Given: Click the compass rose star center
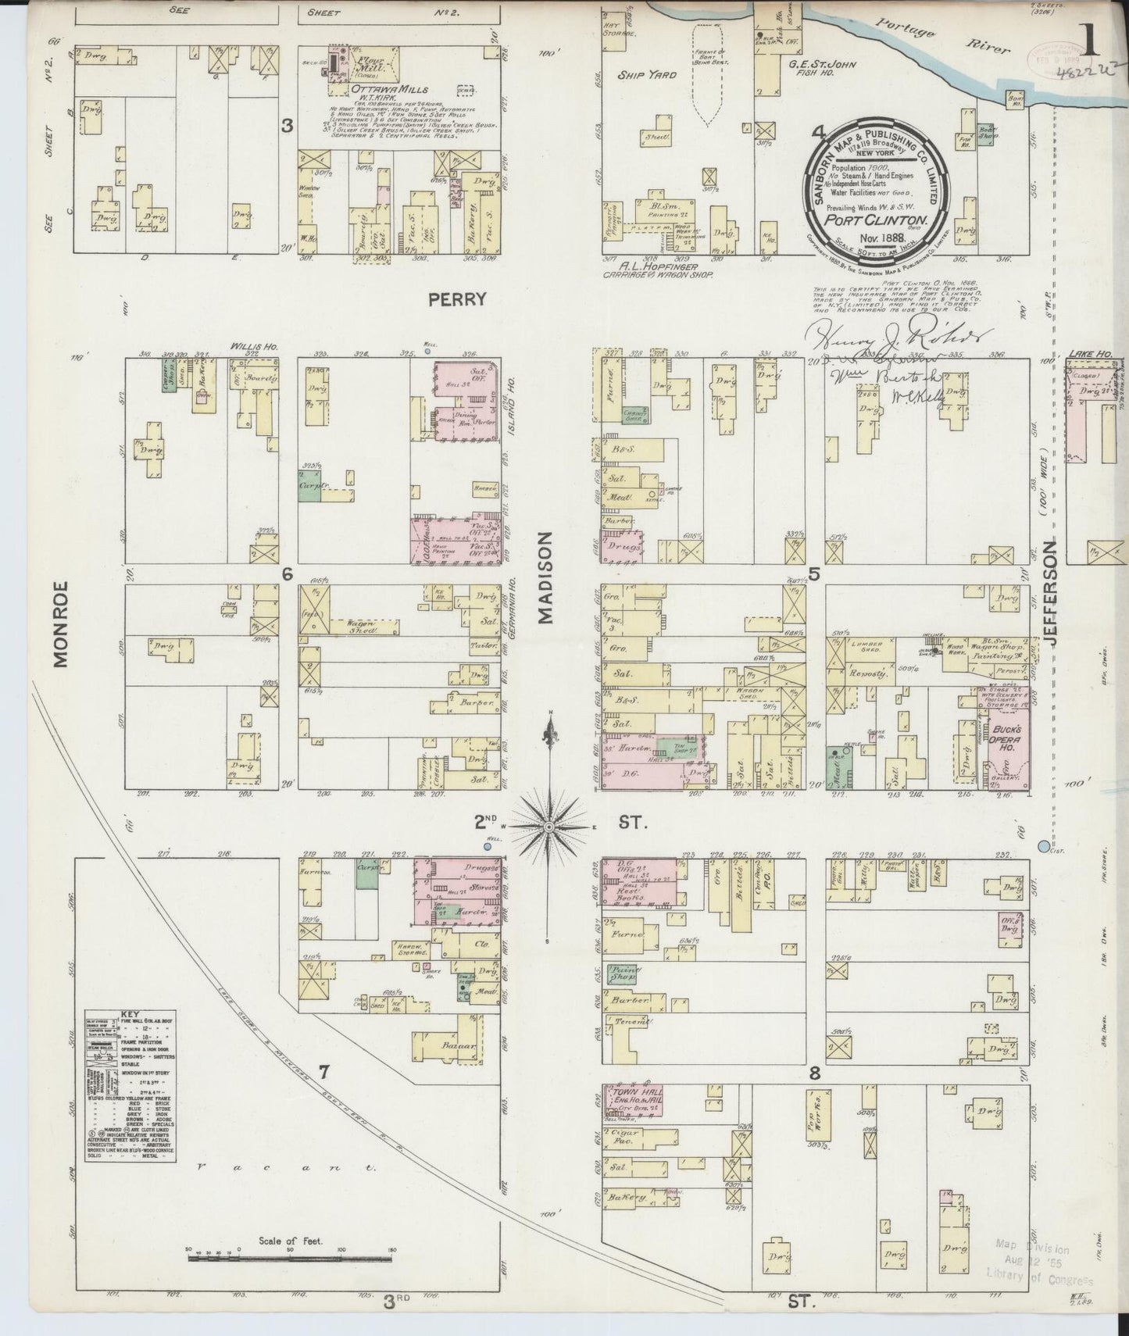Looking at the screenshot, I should (x=552, y=825).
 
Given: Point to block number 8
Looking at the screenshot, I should (x=814, y=1073).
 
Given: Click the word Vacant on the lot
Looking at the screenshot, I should (x=285, y=1169).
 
